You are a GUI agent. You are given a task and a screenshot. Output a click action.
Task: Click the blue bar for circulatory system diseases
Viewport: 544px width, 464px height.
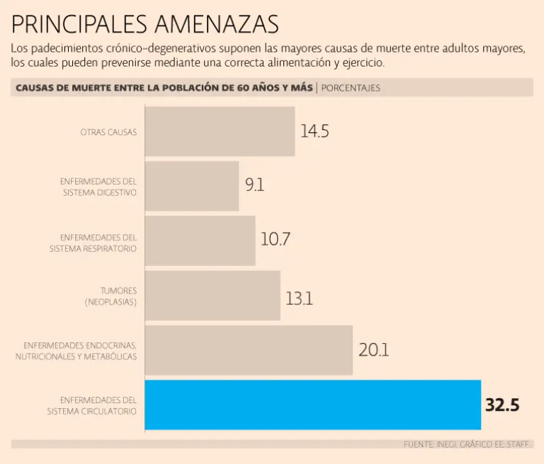[312, 405]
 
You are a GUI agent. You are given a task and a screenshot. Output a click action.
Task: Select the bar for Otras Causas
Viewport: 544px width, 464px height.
[220, 132]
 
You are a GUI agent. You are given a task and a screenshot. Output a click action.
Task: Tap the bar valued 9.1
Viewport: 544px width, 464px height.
[191, 186]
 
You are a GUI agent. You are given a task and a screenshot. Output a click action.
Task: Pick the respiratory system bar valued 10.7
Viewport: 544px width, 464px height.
[200, 240]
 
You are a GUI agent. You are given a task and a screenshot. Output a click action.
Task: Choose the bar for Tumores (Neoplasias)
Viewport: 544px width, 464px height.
[212, 296]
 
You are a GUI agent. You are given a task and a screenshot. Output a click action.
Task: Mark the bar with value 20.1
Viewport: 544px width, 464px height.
[249, 350]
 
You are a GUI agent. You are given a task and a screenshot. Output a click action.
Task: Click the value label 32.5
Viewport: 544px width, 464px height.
[502, 405]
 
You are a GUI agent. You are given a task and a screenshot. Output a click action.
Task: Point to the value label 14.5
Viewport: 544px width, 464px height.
[314, 132]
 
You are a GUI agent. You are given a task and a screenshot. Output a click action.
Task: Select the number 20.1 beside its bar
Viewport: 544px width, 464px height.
[373, 350]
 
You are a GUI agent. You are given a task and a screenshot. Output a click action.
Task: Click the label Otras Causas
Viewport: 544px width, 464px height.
[108, 132]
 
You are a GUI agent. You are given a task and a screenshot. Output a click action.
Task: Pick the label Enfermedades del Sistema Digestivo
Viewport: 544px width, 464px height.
[98, 187]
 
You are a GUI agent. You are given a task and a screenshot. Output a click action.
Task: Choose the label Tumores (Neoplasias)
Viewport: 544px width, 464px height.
[110, 296]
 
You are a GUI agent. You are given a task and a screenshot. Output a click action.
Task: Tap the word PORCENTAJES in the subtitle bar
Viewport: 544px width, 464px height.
[351, 88]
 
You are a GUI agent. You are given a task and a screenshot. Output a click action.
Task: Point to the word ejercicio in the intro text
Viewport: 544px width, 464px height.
[363, 62]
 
